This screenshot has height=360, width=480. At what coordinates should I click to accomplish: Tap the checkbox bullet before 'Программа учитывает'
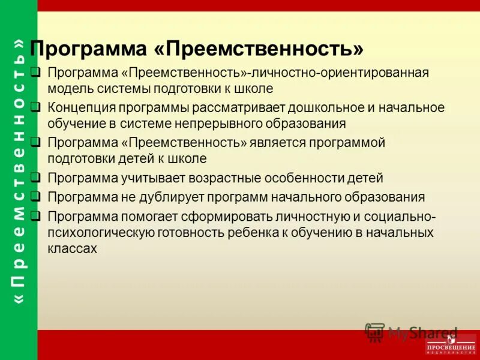[36, 178]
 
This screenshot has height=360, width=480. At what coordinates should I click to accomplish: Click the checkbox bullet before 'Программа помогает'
[36, 214]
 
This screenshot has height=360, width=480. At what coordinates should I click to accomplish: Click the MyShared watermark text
[422, 332]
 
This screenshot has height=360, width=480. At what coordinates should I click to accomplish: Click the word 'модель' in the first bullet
[67, 89]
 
